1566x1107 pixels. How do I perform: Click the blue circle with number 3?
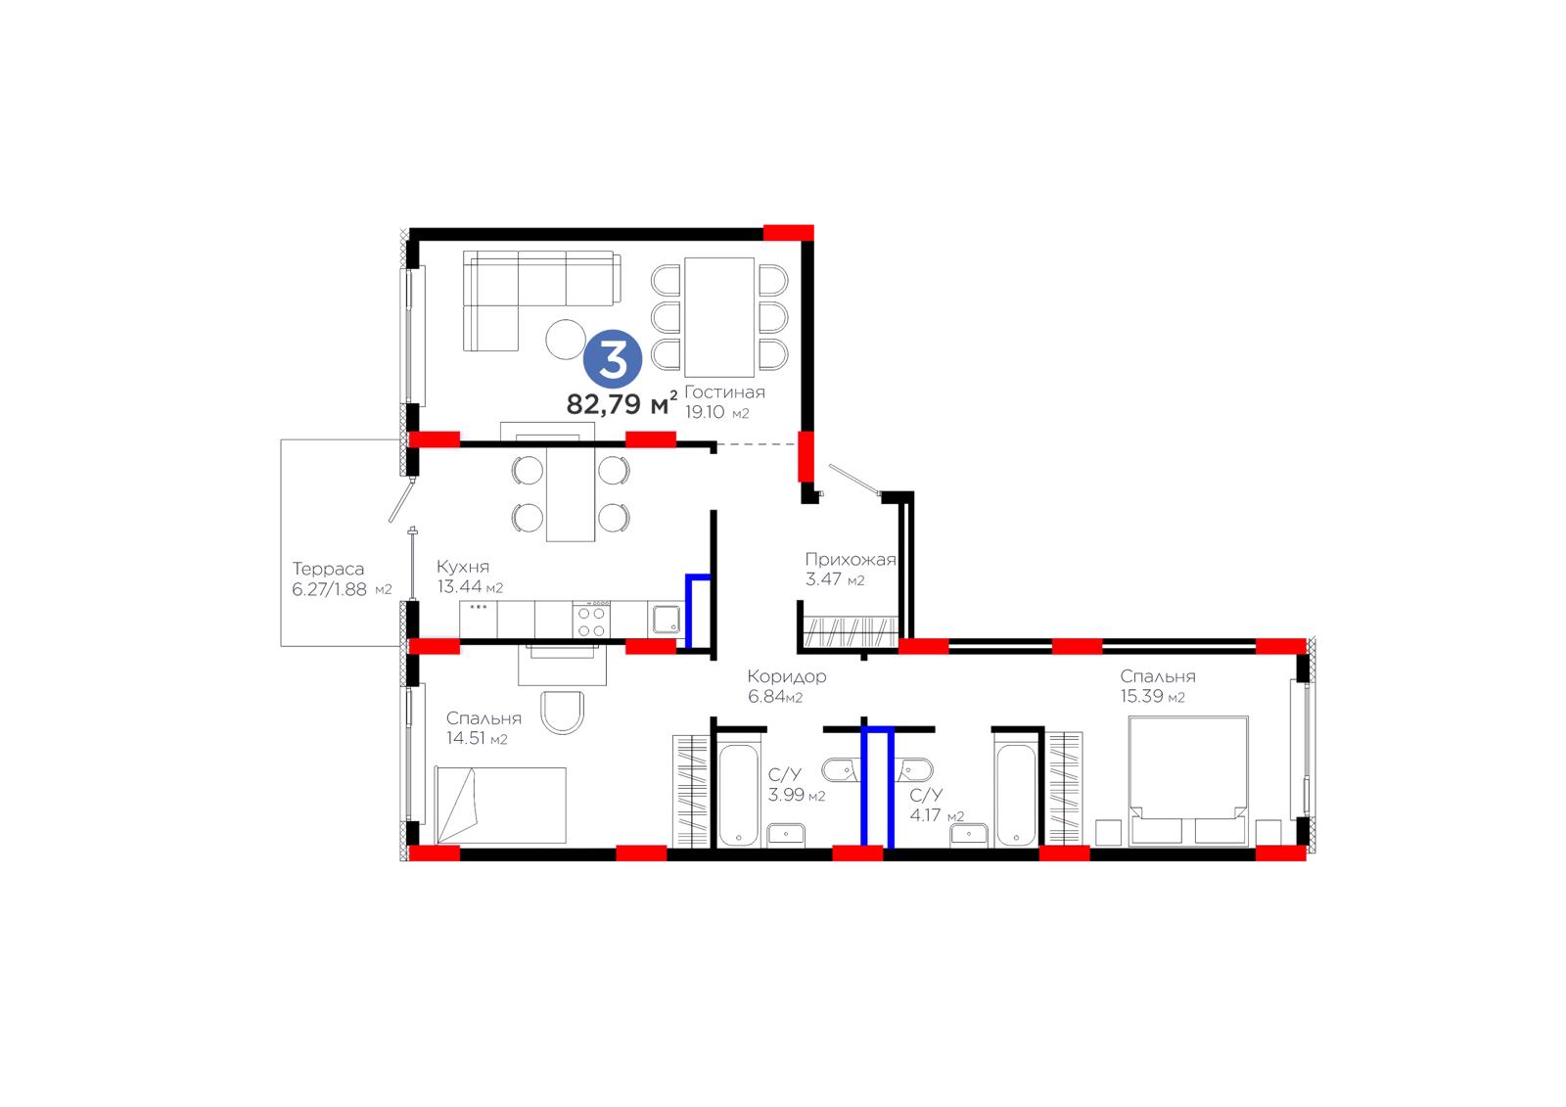tap(613, 359)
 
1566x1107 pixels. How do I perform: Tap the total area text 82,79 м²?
tap(622, 403)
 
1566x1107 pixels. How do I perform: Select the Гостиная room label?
tap(724, 392)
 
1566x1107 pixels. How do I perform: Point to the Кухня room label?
tap(463, 567)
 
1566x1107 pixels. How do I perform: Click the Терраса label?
tap(328, 570)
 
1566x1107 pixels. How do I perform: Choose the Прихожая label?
tap(851, 560)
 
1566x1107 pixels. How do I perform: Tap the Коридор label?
tap(787, 677)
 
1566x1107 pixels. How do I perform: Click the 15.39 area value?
tap(1141, 697)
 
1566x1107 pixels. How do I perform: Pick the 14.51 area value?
tap(466, 738)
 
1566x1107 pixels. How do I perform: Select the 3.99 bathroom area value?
tap(787, 795)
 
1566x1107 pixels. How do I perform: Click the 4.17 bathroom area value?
tap(925, 814)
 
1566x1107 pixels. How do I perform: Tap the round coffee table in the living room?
tap(566, 340)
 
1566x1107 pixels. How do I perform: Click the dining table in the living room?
tap(719, 317)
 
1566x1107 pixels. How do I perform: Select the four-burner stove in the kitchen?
tap(591, 621)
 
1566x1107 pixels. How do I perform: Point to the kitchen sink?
tap(667, 619)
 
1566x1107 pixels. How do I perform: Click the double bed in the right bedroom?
tap(1188, 780)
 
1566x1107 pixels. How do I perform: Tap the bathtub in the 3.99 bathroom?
tap(738, 795)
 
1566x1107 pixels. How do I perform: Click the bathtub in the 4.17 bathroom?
tap(1016, 795)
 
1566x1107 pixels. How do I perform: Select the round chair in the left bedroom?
tap(562, 713)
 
